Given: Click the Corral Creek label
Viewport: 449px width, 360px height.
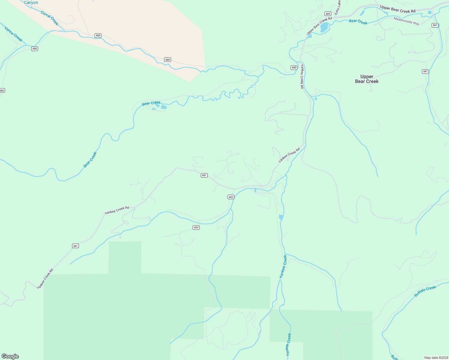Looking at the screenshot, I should [50, 18].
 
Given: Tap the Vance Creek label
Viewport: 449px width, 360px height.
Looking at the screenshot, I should [14, 34].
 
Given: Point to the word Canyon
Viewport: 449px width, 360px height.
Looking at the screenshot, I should [31, 3].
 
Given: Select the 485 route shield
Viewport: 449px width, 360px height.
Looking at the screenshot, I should [328, 14].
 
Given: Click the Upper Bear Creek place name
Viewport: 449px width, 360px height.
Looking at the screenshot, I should [367, 79].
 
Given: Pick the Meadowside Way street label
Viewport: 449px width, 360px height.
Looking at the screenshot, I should [406, 21].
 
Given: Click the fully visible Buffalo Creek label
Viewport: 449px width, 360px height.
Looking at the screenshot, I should [425, 291].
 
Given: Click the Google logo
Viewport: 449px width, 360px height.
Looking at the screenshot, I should [10, 356].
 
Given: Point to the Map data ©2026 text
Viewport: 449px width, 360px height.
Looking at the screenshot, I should [436, 358].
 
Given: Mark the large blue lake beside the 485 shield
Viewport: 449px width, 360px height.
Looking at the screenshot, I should [324, 27].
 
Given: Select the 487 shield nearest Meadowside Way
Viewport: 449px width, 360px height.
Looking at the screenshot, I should [435, 25].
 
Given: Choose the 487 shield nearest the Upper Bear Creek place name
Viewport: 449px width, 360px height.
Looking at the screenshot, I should [425, 71].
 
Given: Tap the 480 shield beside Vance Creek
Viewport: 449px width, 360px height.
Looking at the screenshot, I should [35, 49].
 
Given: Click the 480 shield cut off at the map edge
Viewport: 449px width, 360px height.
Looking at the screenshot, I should [2, 90].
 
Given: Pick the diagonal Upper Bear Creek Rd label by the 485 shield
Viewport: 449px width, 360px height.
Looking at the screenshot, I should [319, 26].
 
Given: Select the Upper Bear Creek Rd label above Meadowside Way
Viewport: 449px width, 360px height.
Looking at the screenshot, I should [397, 9].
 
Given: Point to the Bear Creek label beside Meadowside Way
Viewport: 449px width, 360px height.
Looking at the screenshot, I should [358, 22].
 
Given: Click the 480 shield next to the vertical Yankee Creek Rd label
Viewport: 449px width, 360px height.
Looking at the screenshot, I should [294, 67].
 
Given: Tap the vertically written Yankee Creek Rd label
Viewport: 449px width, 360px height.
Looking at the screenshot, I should [302, 76].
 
